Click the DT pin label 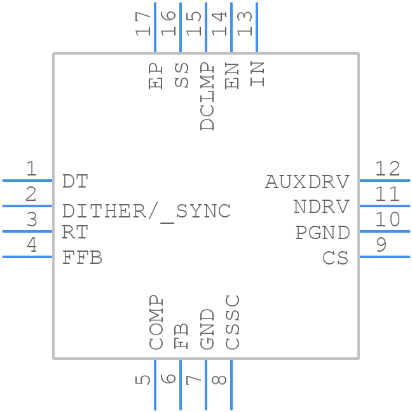(x=75, y=182)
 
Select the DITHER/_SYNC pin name (x=146, y=211)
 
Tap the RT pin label (x=74, y=232)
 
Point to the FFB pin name (x=82, y=257)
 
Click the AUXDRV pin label (x=307, y=182)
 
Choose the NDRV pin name (x=321, y=207)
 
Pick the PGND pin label (x=322, y=233)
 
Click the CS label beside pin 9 (x=336, y=258)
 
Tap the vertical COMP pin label (x=156, y=322)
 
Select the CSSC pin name (x=233, y=322)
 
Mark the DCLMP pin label (x=207, y=96)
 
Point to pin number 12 (x=387, y=169)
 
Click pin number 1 (x=31, y=169)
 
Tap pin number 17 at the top (x=144, y=25)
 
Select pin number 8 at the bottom (x=219, y=380)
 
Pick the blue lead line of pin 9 (x=385, y=257)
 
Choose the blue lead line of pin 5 (x=154, y=385)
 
